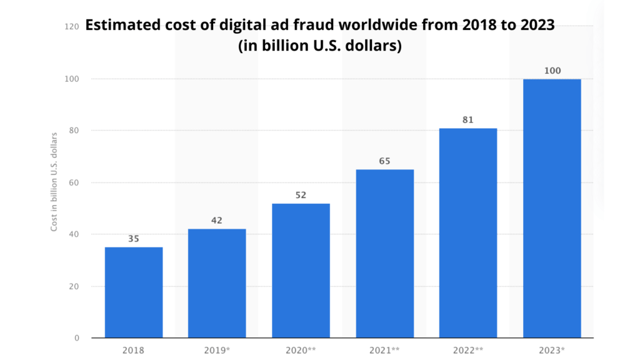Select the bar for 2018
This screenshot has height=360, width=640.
point(134,292)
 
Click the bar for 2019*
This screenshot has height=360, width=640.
point(217,283)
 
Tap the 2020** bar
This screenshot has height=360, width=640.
point(301,271)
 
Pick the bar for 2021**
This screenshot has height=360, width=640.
point(384,254)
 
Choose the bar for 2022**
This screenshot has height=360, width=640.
point(468,233)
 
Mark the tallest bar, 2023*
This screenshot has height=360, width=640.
point(552,208)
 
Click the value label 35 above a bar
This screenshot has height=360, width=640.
point(134,238)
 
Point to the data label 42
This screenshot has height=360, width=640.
point(217,220)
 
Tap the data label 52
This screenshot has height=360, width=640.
point(301,194)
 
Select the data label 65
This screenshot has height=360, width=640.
point(384,161)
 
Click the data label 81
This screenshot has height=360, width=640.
point(468,119)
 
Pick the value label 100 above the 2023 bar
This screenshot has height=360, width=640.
point(552,71)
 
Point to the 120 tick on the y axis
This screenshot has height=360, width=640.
point(72,26)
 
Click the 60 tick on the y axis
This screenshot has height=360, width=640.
point(74,182)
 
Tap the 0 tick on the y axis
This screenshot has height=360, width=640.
point(77,338)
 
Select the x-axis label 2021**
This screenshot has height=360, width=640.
point(384,350)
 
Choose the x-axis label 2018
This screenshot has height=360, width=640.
point(134,350)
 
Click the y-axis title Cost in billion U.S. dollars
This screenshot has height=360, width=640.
point(54,181)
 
